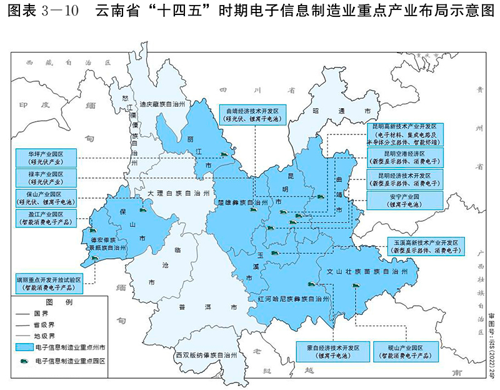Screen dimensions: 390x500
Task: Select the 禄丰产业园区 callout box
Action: pyautogui.click(x=46, y=177)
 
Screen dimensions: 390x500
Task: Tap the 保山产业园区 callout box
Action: pyautogui.click(x=46, y=197)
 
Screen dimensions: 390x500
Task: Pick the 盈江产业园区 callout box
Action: pyautogui.click(x=46, y=218)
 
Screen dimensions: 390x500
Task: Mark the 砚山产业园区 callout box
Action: pyautogui.click(x=401, y=351)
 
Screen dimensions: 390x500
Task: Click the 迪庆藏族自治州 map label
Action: pyautogui.click(x=162, y=105)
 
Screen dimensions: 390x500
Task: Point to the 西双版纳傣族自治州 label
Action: pyautogui.click(x=206, y=356)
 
